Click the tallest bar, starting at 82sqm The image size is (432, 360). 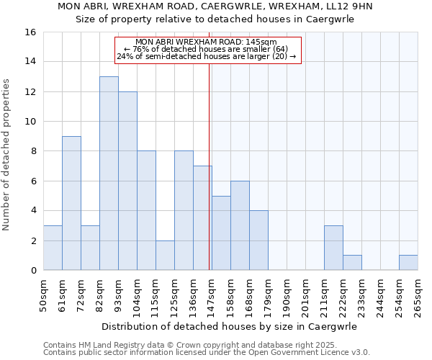[x=109, y=174]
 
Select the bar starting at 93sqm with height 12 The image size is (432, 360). [x=127, y=181]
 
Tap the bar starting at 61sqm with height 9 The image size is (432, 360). [x=71, y=203]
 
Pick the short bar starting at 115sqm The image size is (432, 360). [x=165, y=256]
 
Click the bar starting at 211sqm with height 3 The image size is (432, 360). [x=333, y=248]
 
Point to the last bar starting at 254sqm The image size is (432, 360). [x=408, y=263]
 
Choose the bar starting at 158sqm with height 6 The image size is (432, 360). [x=240, y=225]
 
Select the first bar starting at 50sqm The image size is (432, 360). [x=53, y=248]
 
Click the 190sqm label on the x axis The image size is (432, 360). [x=287, y=294]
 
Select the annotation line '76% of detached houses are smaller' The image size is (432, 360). [x=206, y=49]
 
